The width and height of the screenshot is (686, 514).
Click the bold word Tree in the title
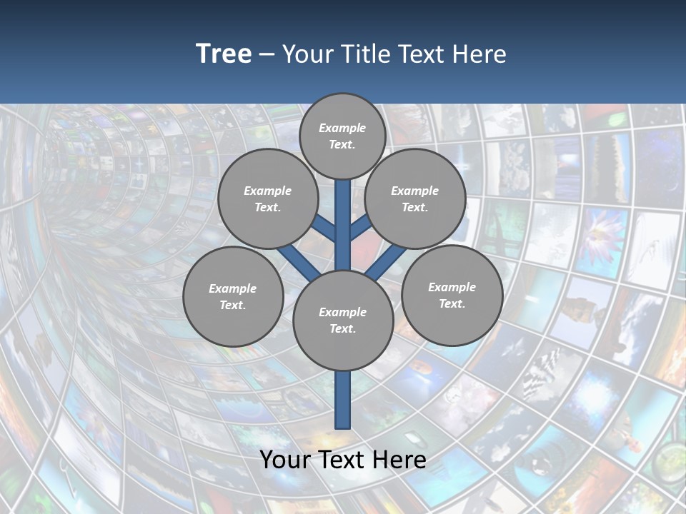tap(224, 54)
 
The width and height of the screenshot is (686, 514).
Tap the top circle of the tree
tap(342, 136)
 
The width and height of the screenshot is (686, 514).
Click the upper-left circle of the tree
tap(267, 198)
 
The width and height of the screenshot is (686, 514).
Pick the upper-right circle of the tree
tap(415, 198)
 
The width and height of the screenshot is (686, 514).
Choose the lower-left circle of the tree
tap(233, 296)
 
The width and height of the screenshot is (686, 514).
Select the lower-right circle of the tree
tap(452, 295)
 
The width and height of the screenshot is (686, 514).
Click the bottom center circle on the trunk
tap(343, 320)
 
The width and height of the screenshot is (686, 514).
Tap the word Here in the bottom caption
tap(400, 460)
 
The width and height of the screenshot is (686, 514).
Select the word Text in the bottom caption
tap(342, 460)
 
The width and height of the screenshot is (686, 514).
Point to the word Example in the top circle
tap(342, 128)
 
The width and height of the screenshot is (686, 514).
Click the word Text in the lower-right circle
tap(452, 303)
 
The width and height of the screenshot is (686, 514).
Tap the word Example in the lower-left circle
tap(233, 288)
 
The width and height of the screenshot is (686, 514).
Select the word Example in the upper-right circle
tap(415, 191)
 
